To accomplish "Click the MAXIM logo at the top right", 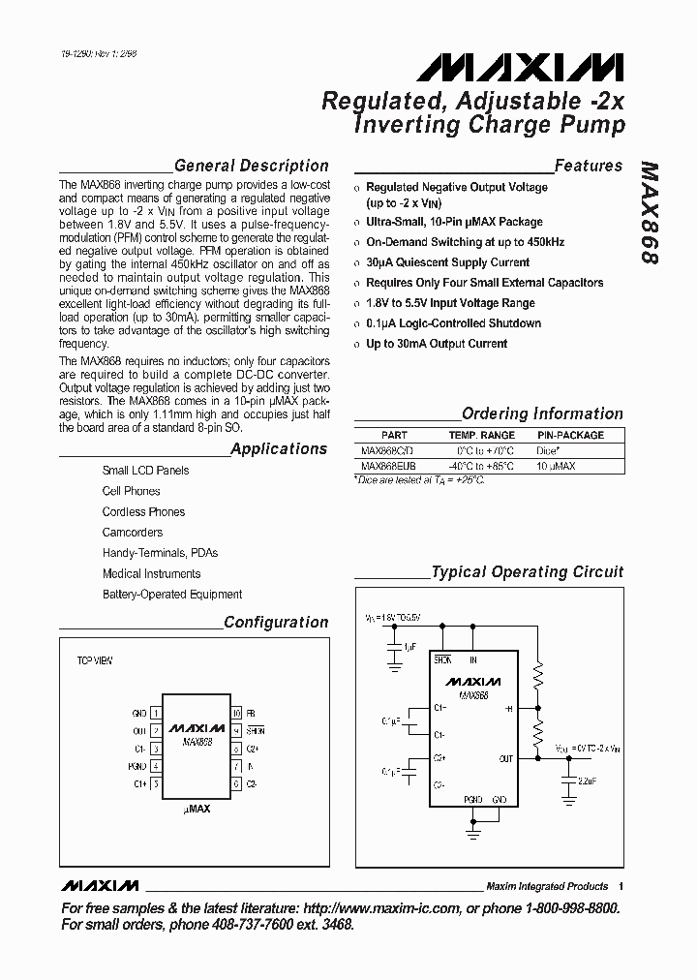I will pos(520,68).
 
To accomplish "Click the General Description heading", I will pos(251,166).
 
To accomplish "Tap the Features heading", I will pos(589,166).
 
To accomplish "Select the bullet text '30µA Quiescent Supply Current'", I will pos(447,262).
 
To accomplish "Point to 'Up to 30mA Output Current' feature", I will pos(436,344).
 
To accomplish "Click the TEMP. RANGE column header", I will pos(481,436).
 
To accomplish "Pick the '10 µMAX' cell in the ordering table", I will pos(556,466).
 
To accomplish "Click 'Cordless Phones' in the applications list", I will pos(143,511).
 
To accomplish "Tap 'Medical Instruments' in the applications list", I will pos(151,573).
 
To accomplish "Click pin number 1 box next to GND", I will pos(155,713).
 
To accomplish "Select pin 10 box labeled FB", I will pos(235,713).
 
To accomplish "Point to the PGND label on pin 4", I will pos(137,766).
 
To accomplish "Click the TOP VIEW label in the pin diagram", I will pos(95,660).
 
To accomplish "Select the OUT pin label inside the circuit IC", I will pos(506,758).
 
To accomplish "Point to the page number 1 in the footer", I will pos(621,886).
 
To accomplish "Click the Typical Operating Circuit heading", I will pos(527,572).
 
